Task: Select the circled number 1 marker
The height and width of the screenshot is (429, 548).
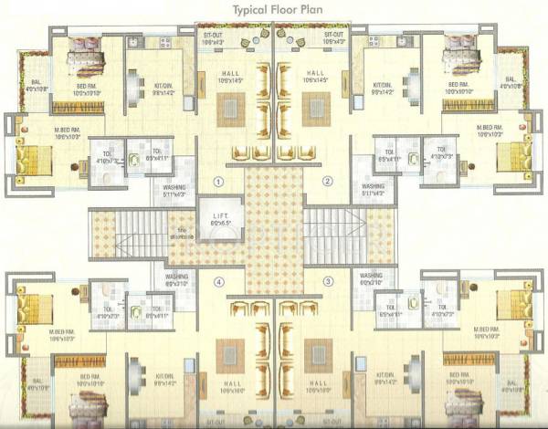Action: tap(218, 182)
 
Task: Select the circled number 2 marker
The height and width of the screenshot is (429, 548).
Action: tap(327, 182)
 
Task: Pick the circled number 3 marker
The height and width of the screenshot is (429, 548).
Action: tap(327, 282)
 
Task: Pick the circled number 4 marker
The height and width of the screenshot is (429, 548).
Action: tap(218, 282)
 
